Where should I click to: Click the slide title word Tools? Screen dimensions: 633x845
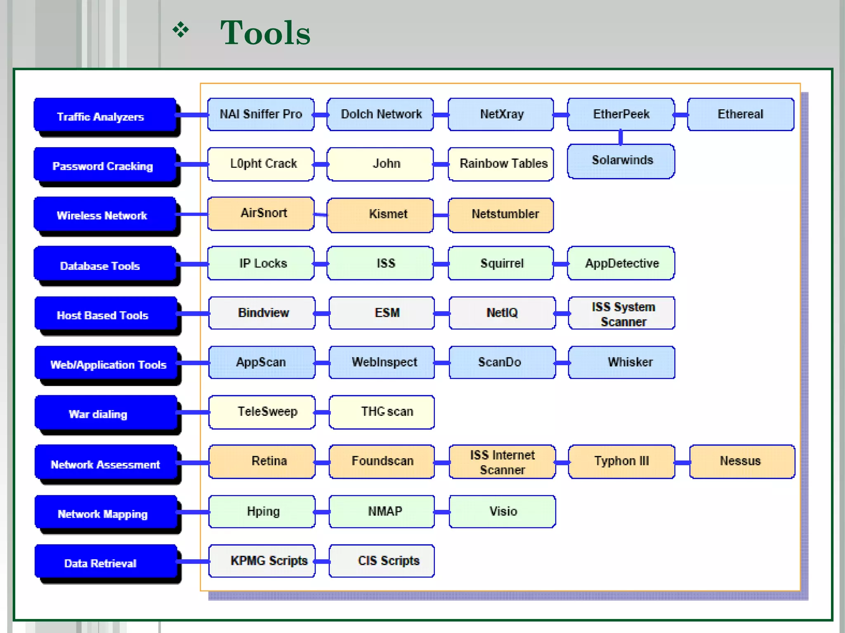click(x=265, y=33)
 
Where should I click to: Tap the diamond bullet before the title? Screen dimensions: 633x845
click(x=181, y=30)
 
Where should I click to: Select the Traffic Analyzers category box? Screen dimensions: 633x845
click(x=105, y=115)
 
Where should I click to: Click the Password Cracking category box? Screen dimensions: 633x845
click(x=105, y=164)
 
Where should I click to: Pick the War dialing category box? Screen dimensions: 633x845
click(x=106, y=413)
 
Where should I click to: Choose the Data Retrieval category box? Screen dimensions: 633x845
click(x=106, y=562)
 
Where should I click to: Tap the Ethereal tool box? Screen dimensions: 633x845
click(x=741, y=114)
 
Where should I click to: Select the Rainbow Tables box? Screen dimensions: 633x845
click(x=501, y=164)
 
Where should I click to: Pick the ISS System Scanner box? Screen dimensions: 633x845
click(x=622, y=313)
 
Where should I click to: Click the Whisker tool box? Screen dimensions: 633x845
click(x=622, y=362)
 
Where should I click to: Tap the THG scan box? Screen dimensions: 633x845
click(x=382, y=412)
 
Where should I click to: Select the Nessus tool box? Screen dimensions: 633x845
click(x=742, y=462)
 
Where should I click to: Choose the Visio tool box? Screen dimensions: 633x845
click(x=502, y=511)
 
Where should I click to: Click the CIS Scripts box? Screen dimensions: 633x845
click(x=382, y=561)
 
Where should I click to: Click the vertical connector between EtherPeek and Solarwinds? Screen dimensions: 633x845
click(x=621, y=137)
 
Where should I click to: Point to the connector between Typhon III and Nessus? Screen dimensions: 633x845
click(x=682, y=462)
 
